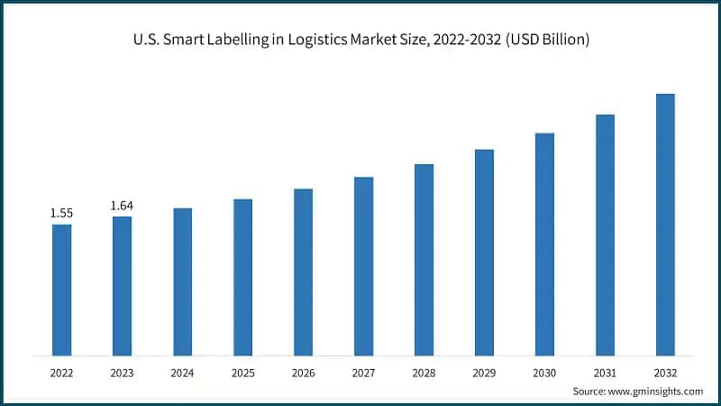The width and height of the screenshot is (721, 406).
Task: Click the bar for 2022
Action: tap(61, 290)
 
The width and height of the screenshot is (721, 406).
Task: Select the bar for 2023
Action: tap(122, 286)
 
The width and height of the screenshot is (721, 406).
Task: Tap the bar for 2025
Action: tap(242, 277)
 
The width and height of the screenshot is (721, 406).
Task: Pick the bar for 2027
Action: tap(363, 266)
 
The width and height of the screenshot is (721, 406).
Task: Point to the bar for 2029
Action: tap(484, 253)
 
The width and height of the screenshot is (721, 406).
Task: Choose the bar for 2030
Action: tap(544, 245)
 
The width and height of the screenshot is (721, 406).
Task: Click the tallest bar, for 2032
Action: tap(665, 225)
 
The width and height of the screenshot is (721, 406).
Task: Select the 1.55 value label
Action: tap(61, 213)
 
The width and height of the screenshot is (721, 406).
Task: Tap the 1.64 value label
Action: tap(122, 206)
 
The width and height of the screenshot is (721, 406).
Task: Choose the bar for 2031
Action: tap(605, 235)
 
